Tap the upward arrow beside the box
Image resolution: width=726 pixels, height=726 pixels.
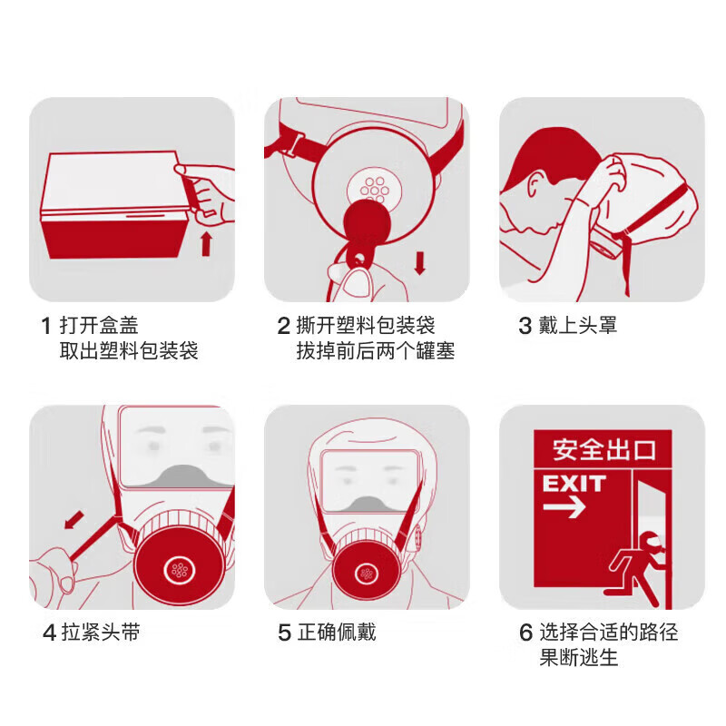[207, 243]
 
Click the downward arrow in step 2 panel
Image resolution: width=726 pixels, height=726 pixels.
[419, 263]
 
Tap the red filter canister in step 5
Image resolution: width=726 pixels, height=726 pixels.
[368, 572]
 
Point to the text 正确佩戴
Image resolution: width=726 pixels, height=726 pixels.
[337, 633]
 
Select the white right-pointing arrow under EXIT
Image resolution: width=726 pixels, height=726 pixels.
[564, 507]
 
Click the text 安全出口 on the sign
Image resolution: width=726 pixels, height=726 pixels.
[603, 450]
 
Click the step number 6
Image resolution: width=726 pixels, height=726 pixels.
[525, 633]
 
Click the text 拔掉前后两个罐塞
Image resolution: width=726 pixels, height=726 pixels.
[376, 351]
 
